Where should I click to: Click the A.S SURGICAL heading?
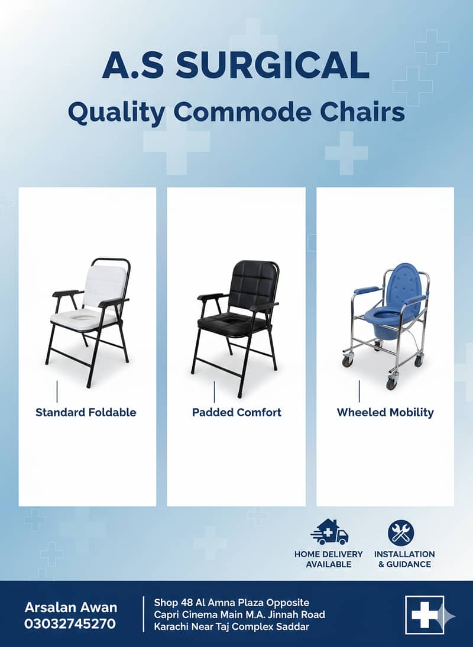[x=235, y=66]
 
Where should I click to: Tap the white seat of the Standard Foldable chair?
[x=80, y=317]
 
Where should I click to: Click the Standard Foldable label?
[x=86, y=413]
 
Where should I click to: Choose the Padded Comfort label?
[x=237, y=413]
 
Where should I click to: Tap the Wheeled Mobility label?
[x=385, y=413]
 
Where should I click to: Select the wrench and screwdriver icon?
[x=401, y=532]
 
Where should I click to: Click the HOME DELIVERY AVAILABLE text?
[x=329, y=559]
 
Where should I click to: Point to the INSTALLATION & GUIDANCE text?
[x=404, y=559]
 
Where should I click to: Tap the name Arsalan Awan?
[x=71, y=607]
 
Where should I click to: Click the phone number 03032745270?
[x=70, y=623]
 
